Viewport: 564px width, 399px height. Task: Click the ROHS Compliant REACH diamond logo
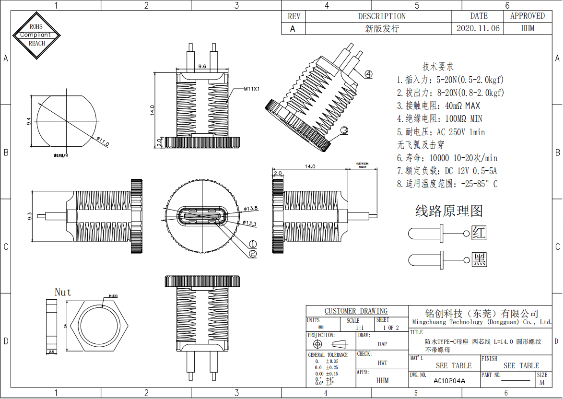[37, 35]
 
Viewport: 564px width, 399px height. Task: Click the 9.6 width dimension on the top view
[202, 67]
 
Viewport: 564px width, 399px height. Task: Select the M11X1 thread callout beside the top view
[252, 89]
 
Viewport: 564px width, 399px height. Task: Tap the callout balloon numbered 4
[368, 74]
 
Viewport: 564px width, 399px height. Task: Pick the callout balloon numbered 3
[344, 130]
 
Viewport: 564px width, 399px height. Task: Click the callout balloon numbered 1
[253, 244]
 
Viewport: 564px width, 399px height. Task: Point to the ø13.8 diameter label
[251, 209]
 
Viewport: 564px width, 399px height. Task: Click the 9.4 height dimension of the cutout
[29, 121]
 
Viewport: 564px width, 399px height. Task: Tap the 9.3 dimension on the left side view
[30, 217]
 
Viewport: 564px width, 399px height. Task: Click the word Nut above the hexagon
[63, 292]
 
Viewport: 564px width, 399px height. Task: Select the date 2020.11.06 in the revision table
[478, 28]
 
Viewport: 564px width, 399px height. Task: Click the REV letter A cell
[293, 28]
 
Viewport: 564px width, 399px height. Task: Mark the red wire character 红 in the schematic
[479, 233]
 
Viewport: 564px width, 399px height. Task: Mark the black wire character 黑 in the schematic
[479, 259]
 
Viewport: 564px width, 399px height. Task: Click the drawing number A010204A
[449, 381]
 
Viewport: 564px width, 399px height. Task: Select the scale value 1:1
[359, 328]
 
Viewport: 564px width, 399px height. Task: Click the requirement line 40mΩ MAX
[438, 106]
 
